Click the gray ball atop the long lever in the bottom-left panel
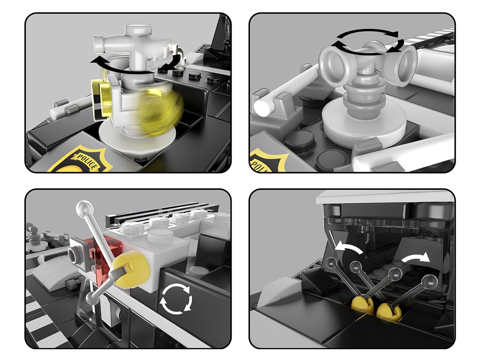(84, 209)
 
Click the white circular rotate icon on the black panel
(176, 299)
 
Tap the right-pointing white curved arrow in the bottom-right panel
(415, 257)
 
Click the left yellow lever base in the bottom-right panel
(362, 305)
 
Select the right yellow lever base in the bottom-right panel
(389, 311)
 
